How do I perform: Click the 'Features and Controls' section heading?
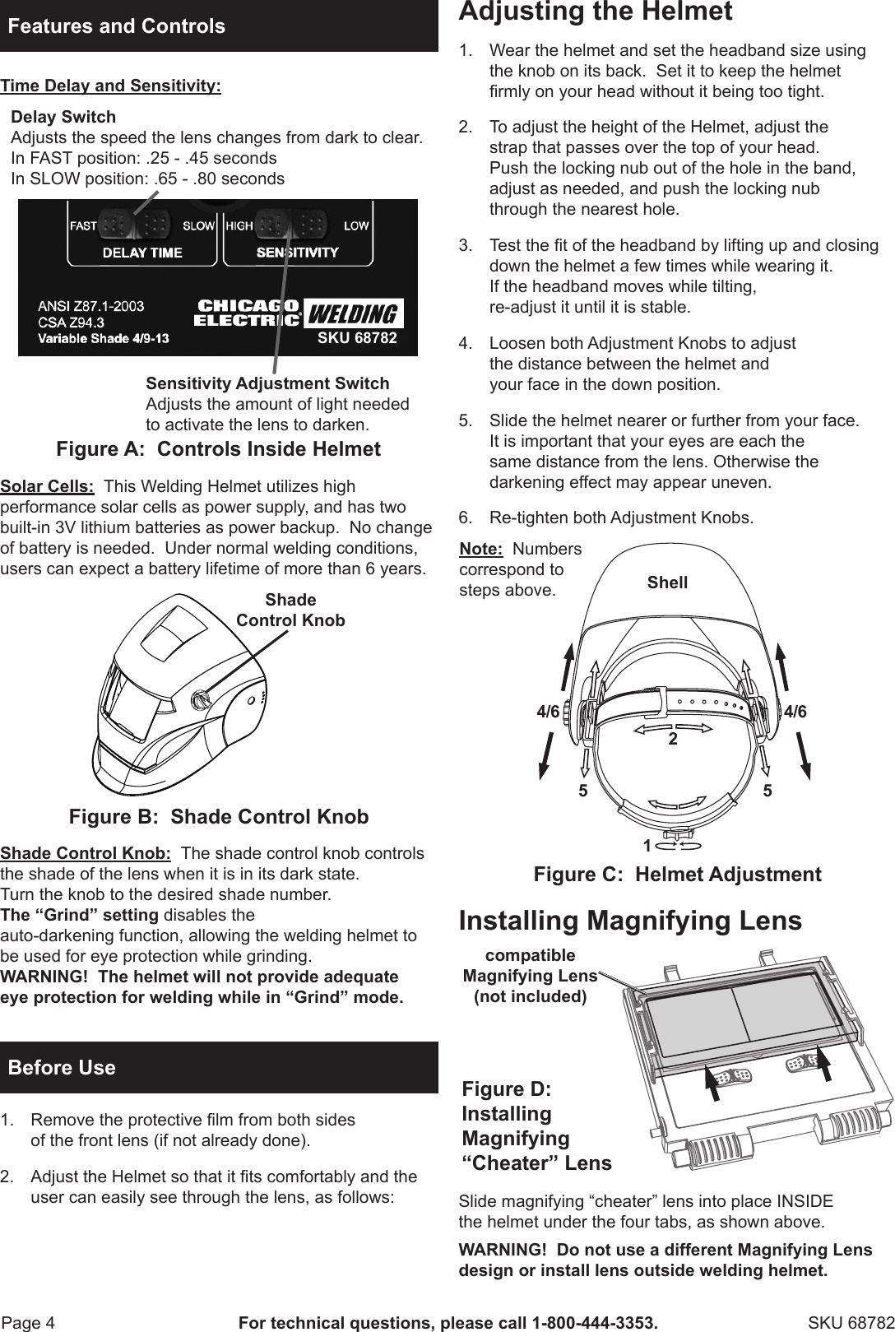point(116,26)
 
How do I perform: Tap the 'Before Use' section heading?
point(62,1068)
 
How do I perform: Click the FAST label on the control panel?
point(84,225)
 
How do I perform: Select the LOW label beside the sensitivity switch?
point(355,225)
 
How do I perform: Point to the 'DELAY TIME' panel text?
point(142,253)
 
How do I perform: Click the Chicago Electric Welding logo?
point(299,313)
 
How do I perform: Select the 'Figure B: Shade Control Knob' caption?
point(219,817)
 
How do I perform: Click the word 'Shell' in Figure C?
point(667,582)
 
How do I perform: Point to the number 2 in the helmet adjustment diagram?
point(672,740)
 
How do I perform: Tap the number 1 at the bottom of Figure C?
point(647,846)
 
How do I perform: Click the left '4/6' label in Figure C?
point(548,712)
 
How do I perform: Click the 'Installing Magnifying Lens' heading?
point(630,920)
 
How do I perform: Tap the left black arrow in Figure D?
point(713,1080)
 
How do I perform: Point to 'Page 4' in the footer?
point(29,1323)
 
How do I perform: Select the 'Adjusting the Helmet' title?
point(595,12)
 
